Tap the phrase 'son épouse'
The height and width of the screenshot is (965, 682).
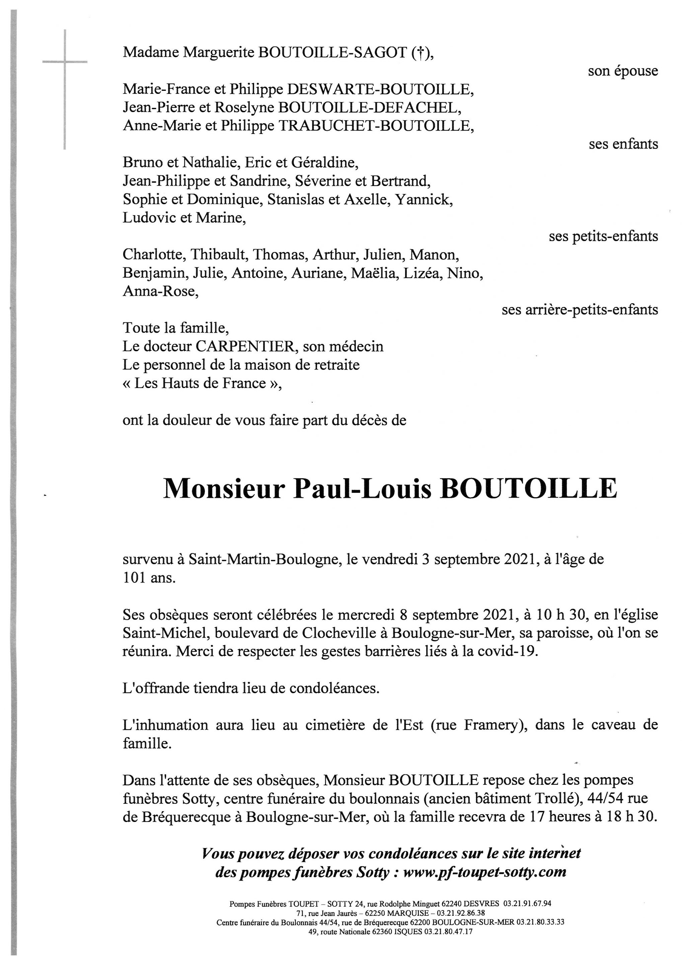tap(623, 71)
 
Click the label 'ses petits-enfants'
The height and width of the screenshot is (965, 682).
tap(603, 237)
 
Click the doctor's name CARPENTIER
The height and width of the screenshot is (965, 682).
tap(246, 347)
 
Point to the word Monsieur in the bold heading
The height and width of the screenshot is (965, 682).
tap(224, 489)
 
